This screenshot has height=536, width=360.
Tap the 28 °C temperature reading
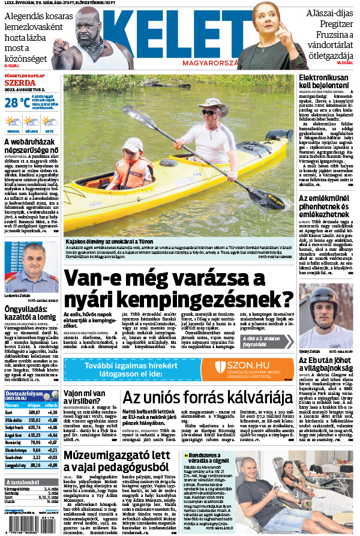click(16, 103)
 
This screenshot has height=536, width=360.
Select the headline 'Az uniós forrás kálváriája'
click(203, 398)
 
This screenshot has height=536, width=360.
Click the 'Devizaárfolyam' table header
click(23, 395)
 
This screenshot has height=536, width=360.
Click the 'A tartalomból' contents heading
click(23, 483)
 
